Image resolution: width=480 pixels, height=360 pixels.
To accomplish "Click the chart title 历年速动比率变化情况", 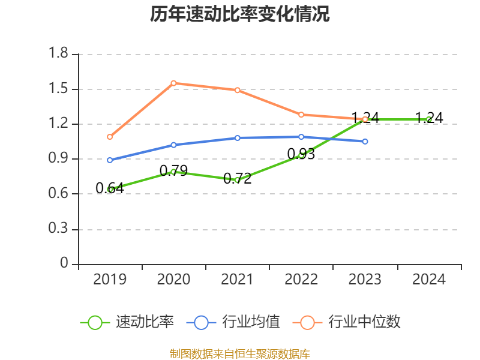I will (x=240, y=14).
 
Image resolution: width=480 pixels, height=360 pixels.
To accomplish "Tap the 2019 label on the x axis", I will (x=110, y=280).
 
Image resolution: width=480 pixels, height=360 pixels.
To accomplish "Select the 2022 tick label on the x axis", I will (x=301, y=280).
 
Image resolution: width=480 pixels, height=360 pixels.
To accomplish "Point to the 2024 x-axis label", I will (x=429, y=280).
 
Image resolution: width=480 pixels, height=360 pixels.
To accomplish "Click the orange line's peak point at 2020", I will (x=173, y=83).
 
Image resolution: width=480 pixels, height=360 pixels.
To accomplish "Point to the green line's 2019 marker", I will (x=110, y=189).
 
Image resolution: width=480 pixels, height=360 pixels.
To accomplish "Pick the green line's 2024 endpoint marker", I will (x=428, y=119).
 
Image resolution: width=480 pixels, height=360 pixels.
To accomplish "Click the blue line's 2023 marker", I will (x=365, y=141).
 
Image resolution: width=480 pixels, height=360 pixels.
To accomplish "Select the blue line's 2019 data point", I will (x=110, y=160).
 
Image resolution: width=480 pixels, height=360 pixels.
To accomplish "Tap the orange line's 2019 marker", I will (x=110, y=137).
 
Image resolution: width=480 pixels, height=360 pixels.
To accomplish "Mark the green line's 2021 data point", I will (x=238, y=179).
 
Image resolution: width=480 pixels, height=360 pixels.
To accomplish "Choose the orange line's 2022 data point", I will (x=301, y=115).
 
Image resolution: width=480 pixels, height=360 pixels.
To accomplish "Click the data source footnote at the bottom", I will (x=240, y=353).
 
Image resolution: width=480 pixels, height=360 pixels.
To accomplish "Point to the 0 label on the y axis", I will (x=65, y=264).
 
